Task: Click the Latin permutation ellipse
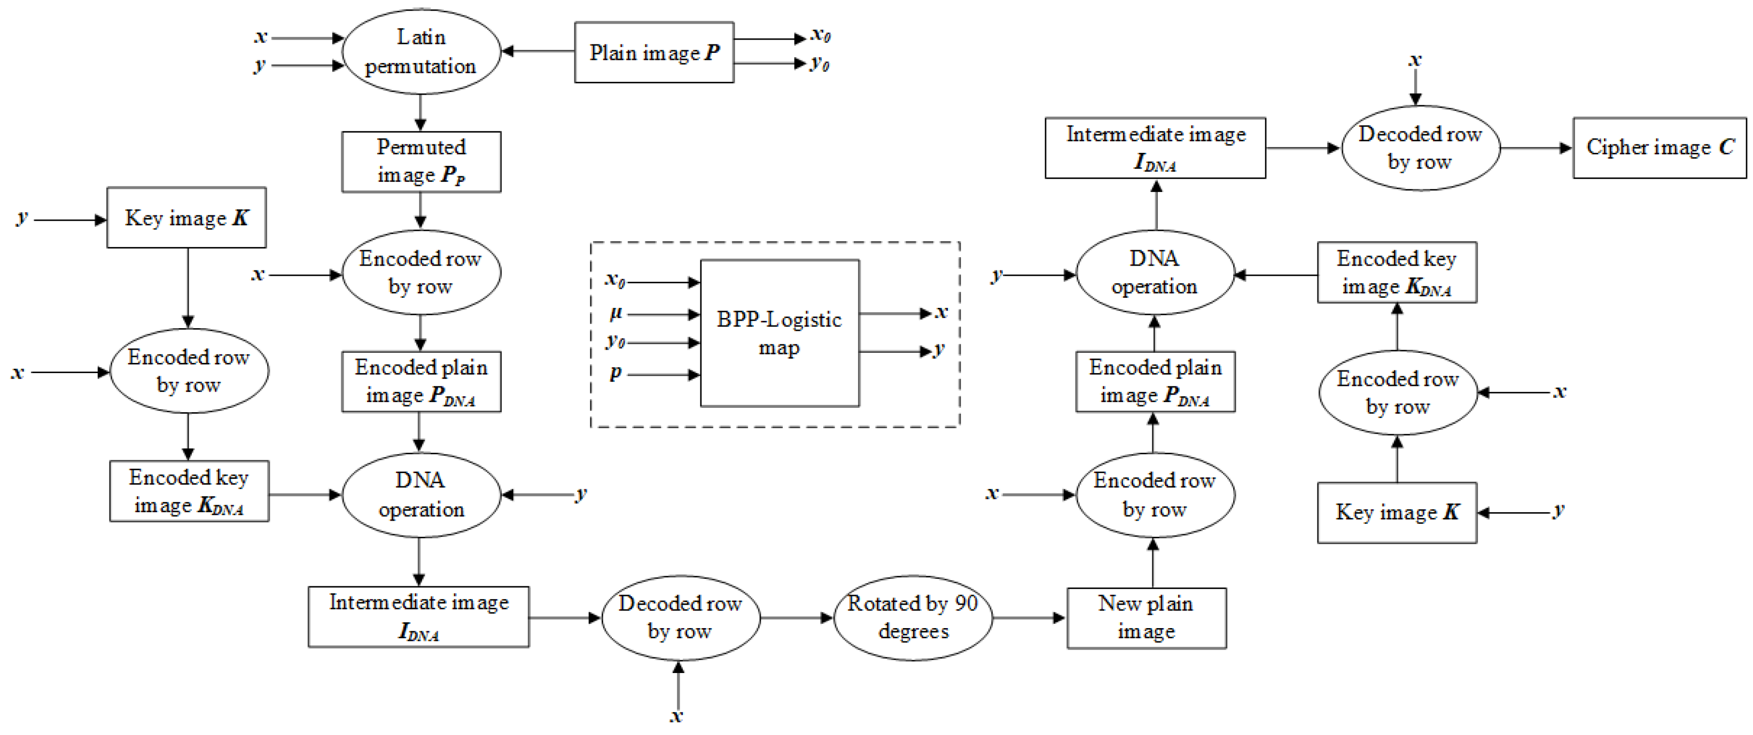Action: click(x=420, y=52)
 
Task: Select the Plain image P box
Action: click(x=653, y=52)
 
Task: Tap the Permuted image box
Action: click(x=420, y=162)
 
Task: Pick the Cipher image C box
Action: click(x=1658, y=148)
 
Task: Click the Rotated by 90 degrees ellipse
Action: click(x=913, y=617)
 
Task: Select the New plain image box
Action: click(x=1146, y=617)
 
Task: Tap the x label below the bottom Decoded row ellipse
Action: click(x=676, y=715)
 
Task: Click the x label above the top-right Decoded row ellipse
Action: click(x=1415, y=60)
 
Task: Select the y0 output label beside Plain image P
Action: click(x=820, y=64)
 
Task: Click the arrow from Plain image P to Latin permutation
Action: click(x=537, y=51)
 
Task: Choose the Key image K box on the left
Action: click(x=186, y=218)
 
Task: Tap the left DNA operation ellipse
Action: click(x=420, y=495)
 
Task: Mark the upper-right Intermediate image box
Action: click(x=1155, y=148)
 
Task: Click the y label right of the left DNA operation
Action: click(x=580, y=494)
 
